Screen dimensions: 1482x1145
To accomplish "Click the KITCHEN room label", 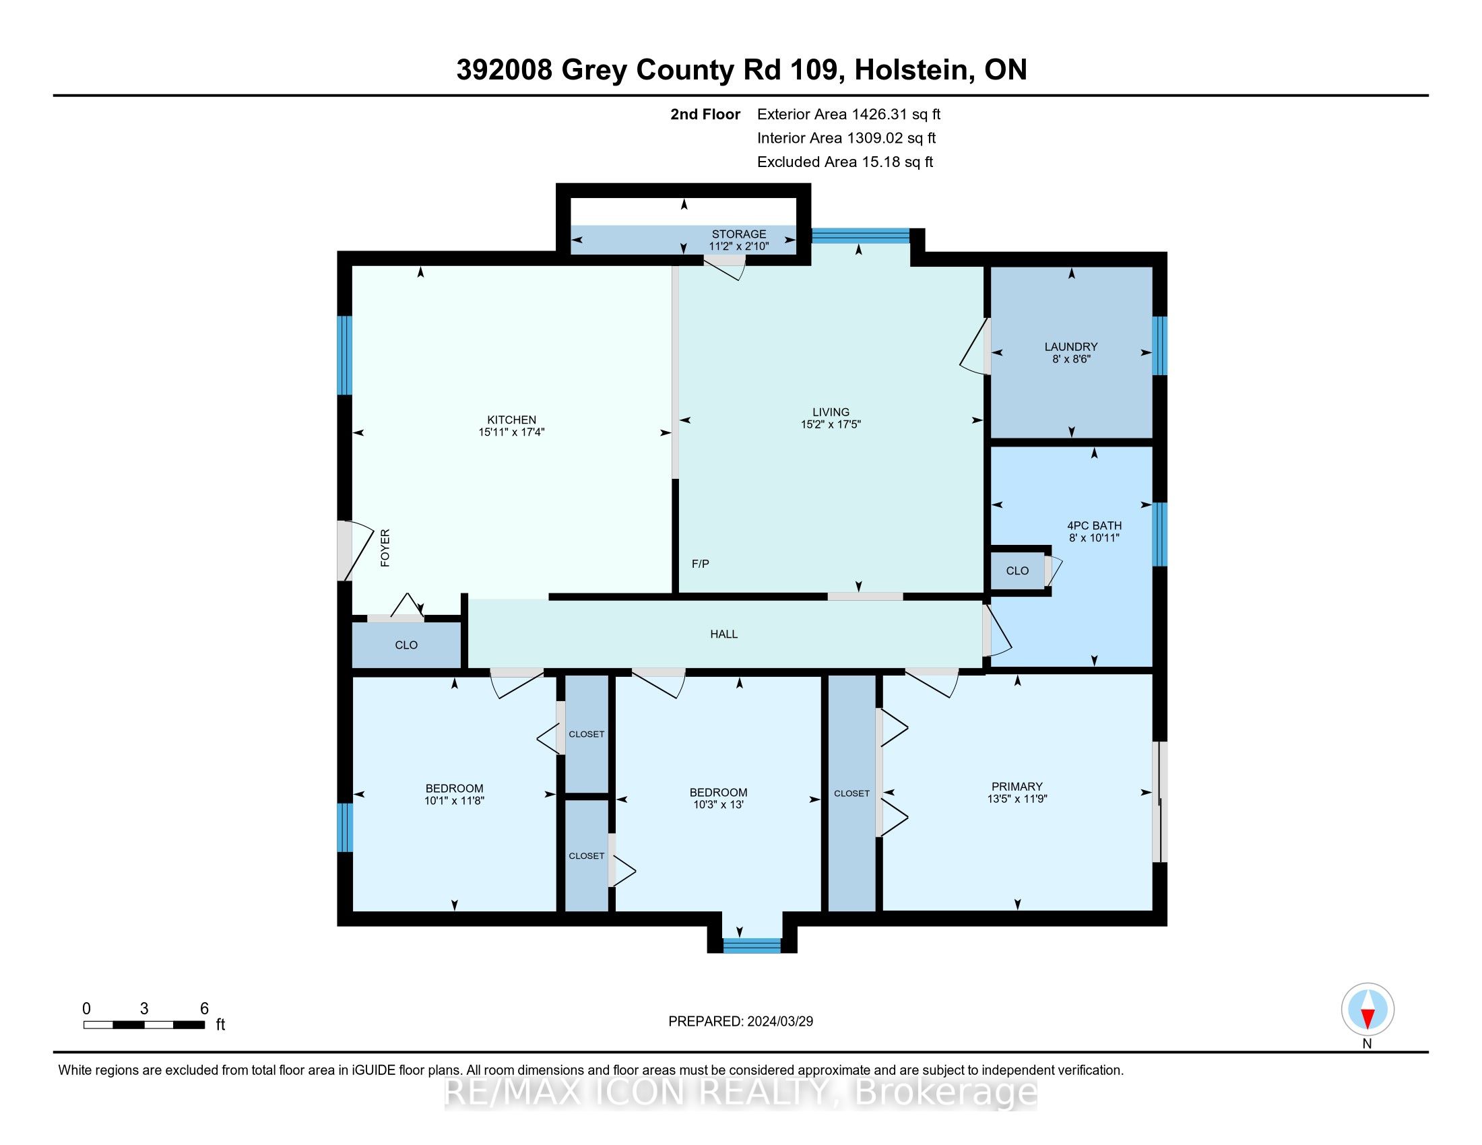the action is (512, 420).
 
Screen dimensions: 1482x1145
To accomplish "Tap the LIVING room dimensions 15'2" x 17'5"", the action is (831, 424).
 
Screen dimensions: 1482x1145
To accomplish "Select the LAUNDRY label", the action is (1071, 347).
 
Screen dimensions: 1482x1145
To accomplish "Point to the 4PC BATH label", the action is (1094, 526).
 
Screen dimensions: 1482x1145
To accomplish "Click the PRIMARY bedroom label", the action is (1017, 787).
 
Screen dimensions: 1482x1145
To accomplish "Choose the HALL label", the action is (723, 634).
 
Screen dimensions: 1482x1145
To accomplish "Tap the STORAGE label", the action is (739, 234).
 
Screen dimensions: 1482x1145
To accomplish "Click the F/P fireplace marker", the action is (701, 564).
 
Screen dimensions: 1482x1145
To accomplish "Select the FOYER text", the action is (385, 548).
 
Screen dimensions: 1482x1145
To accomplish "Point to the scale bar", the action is (144, 1025).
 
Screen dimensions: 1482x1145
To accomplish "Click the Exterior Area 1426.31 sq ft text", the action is (849, 115).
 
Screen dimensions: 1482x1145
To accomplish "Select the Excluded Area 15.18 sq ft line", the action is (845, 162).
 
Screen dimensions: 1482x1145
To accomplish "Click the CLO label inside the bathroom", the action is (1017, 571).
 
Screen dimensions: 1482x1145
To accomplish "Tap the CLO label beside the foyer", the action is (406, 645).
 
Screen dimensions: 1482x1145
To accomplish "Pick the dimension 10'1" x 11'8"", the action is (454, 801).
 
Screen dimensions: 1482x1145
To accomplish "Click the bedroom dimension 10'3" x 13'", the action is (718, 805).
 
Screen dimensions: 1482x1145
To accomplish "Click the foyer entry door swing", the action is (355, 551).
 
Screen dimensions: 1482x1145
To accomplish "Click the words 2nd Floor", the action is (705, 115).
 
